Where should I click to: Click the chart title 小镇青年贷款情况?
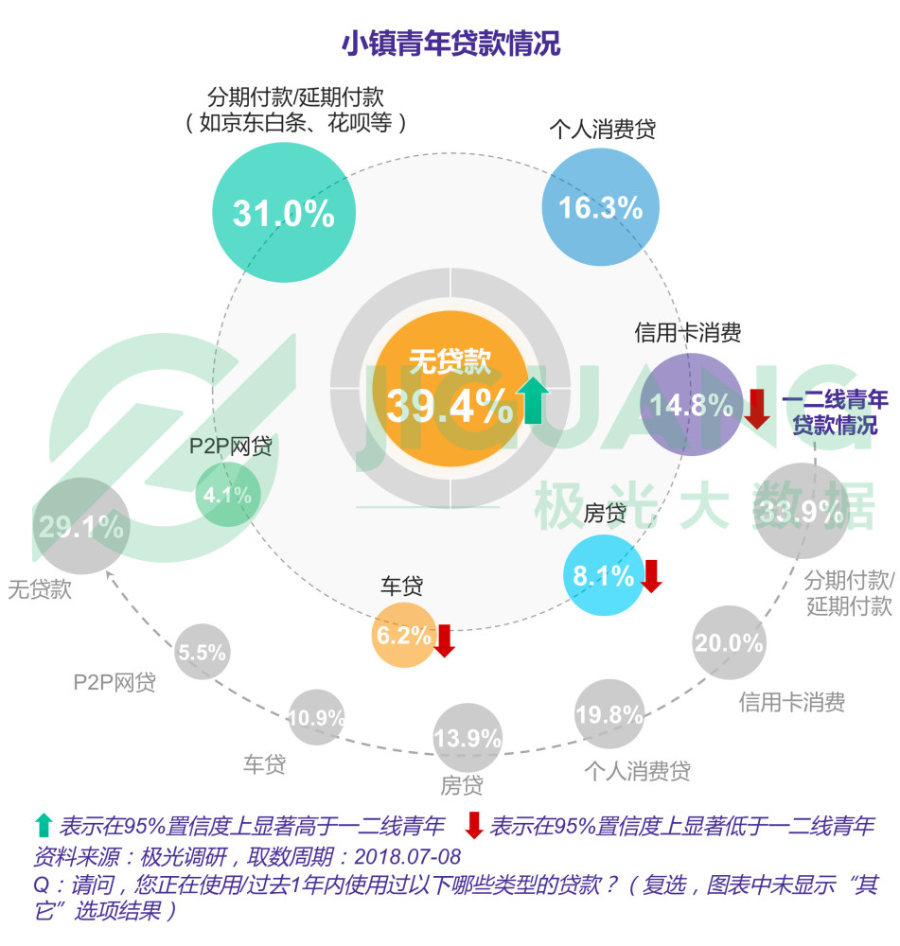[x=450, y=44]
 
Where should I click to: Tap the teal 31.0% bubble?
[x=283, y=212]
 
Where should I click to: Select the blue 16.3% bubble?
[x=600, y=207]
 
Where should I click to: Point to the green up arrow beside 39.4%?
[x=533, y=400]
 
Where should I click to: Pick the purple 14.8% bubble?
[x=691, y=405]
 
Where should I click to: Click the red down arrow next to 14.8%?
[x=757, y=407]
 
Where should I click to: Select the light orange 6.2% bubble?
[x=404, y=636]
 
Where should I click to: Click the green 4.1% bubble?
[x=227, y=494]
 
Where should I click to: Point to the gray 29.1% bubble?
[x=81, y=527]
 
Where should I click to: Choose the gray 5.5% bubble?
[x=202, y=652]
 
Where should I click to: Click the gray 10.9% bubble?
[x=316, y=717]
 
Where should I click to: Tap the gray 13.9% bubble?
[x=468, y=739]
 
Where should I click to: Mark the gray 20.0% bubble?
[x=728, y=643]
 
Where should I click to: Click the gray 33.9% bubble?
[x=801, y=512]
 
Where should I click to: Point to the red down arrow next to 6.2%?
[x=445, y=639]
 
